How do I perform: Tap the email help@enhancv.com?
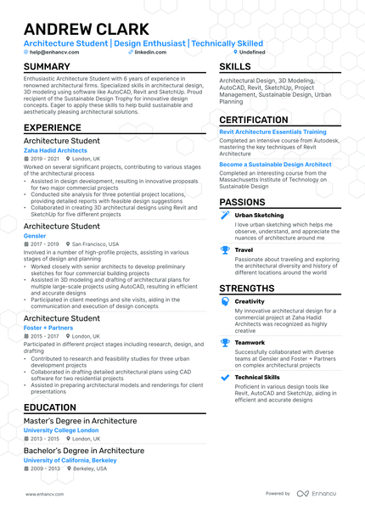tap(54, 52)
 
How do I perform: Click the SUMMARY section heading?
tap(48, 66)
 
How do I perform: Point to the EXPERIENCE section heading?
tap(53, 127)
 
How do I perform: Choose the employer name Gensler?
tap(35, 235)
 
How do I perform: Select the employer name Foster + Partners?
tap(48, 326)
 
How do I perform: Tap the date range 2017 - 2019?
tap(45, 244)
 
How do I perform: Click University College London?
tap(60, 429)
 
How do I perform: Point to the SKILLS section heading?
tap(235, 66)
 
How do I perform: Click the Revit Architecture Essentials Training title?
tap(272, 132)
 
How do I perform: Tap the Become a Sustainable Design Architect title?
tap(275, 164)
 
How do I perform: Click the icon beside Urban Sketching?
tap(225, 216)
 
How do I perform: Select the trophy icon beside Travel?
tap(225, 250)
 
